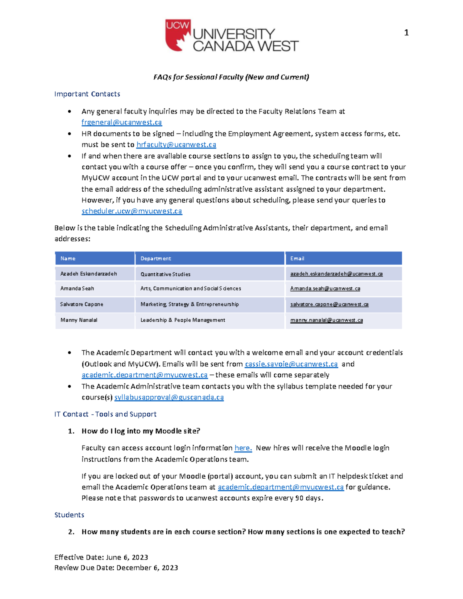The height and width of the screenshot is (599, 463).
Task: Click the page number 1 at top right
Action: (406, 33)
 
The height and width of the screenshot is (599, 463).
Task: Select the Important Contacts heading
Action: (87, 94)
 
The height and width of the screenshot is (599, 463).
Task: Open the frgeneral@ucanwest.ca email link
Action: (122, 122)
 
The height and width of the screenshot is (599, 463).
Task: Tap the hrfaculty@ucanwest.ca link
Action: (176, 145)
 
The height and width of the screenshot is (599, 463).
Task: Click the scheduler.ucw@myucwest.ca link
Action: (132, 211)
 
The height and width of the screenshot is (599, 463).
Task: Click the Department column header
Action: (155, 258)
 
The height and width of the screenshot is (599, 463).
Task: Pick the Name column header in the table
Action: (68, 258)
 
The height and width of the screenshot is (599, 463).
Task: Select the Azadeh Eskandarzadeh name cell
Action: (88, 274)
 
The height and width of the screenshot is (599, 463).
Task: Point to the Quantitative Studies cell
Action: (165, 274)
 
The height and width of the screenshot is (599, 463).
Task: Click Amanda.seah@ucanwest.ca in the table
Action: (325, 289)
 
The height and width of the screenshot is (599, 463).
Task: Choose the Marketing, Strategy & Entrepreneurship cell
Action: (189, 304)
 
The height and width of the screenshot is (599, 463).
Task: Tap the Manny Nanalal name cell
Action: (79, 320)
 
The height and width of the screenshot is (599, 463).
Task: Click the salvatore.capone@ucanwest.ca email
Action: (329, 304)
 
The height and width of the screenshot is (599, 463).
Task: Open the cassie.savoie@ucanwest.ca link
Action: (291, 364)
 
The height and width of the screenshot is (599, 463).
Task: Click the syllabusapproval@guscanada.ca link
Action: (169, 397)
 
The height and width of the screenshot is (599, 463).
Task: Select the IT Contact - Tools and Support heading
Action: (105, 414)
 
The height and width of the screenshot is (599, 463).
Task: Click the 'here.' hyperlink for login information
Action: (243, 448)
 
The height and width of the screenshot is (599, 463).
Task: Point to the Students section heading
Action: (69, 515)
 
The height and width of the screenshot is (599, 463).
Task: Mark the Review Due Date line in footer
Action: (116, 568)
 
